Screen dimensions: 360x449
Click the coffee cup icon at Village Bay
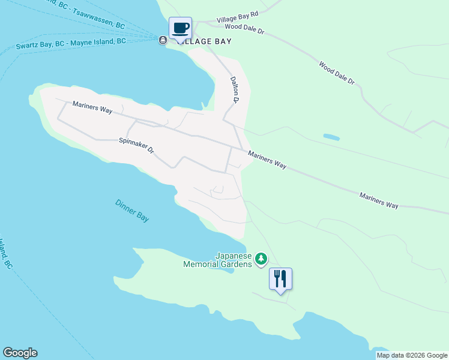click(180, 28)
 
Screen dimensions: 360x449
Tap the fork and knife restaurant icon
click(280, 278)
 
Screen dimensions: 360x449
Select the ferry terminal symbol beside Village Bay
click(163, 40)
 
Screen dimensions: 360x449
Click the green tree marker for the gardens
click(261, 259)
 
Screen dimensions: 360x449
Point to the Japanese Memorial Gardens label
click(218, 259)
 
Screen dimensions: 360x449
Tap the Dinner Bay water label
click(132, 211)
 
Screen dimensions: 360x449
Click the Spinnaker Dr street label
click(136, 145)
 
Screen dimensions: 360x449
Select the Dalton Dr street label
click(234, 89)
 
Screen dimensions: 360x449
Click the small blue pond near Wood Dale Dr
click(331, 137)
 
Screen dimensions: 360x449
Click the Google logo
click(20, 353)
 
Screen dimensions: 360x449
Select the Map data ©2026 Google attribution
click(412, 355)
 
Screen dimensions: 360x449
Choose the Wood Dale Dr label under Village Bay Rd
click(244, 28)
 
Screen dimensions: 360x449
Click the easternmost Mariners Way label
click(379, 200)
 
